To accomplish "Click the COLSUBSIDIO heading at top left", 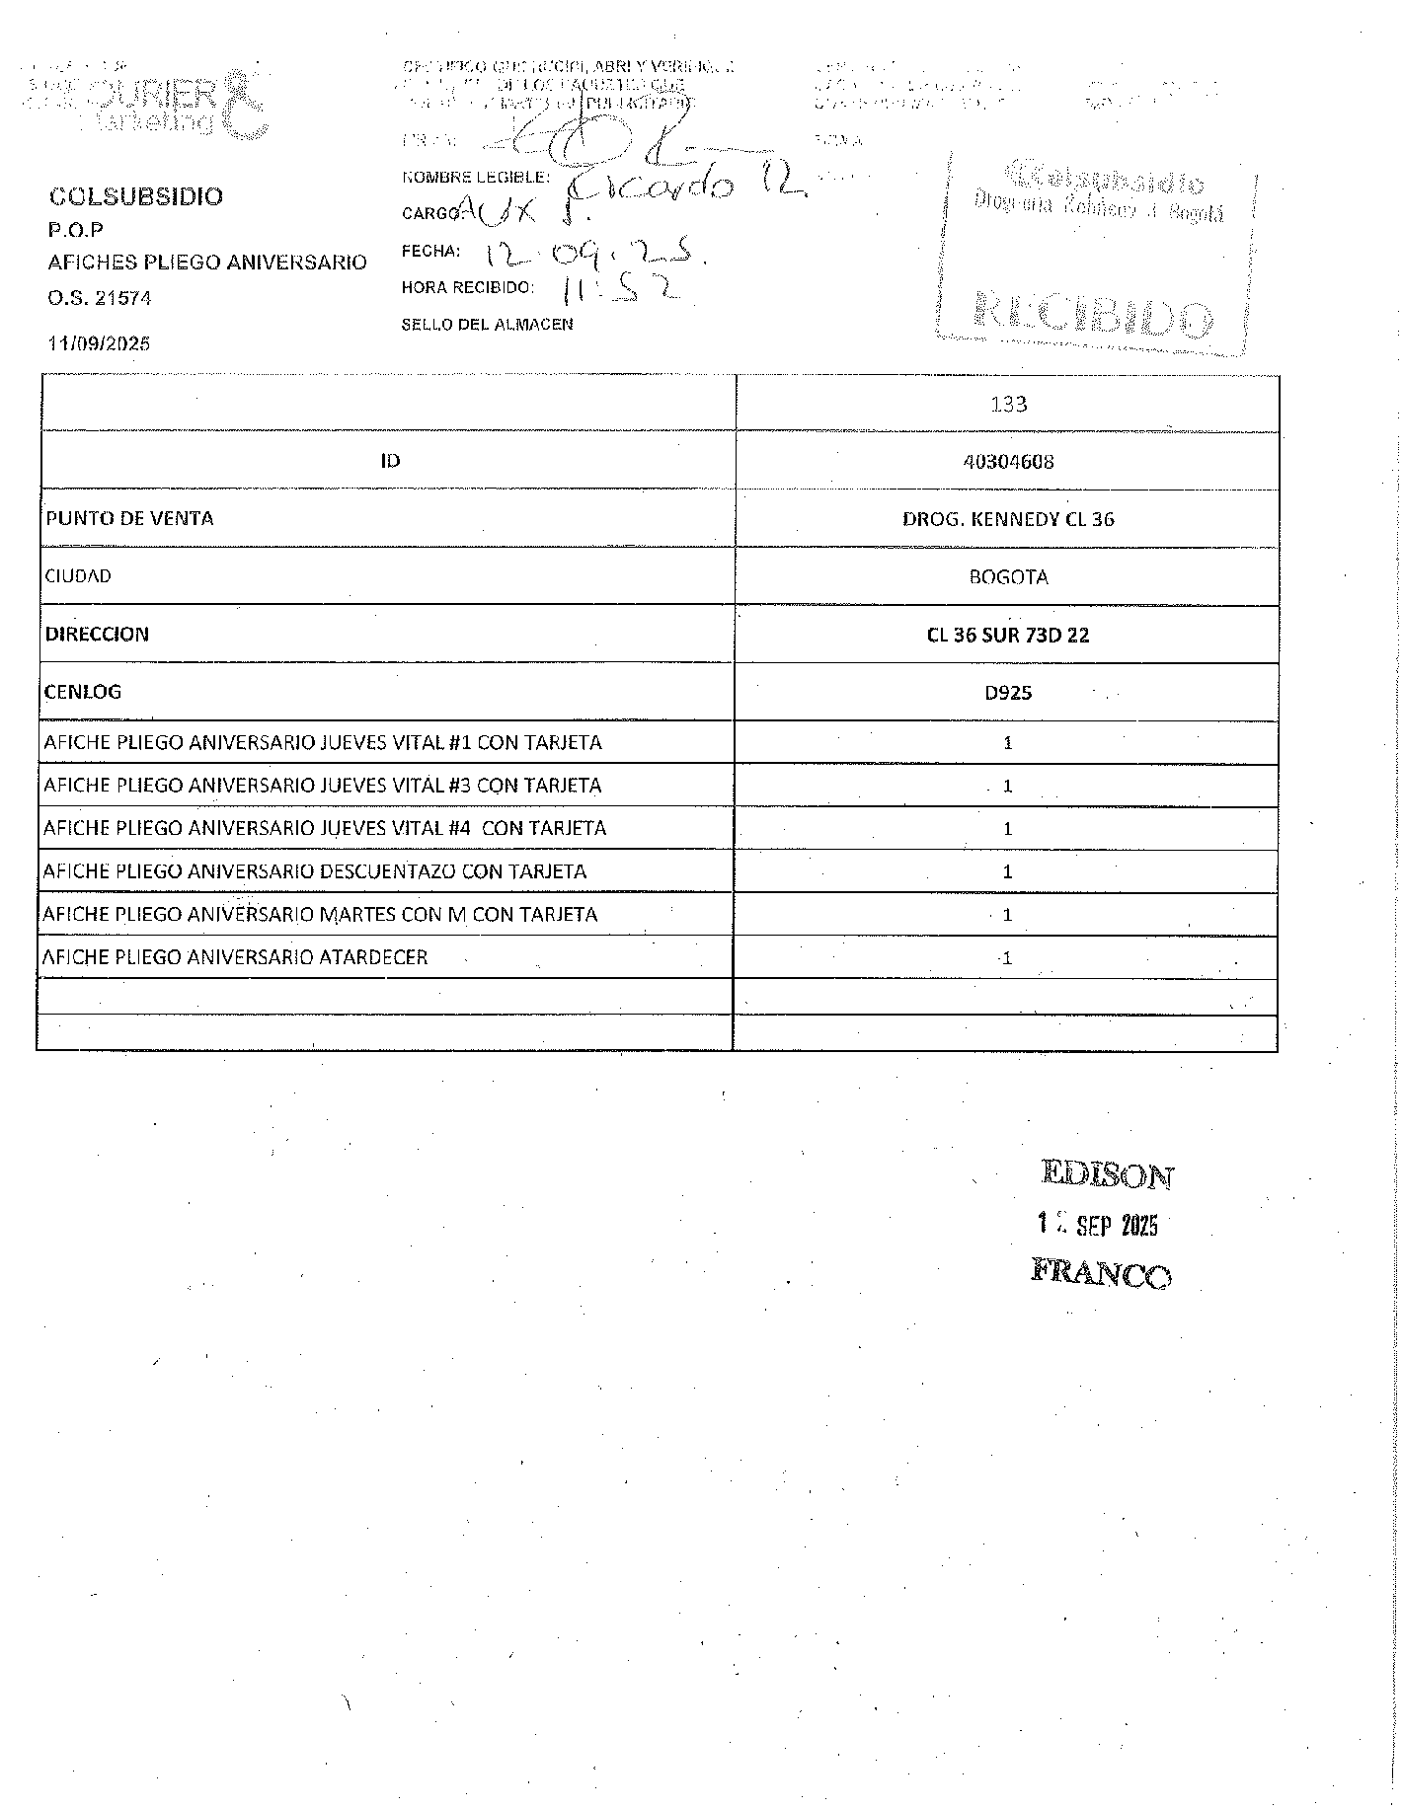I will point(136,196).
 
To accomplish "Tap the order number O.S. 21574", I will point(100,298).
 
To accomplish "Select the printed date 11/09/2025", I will point(99,344).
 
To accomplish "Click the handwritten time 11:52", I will point(621,289).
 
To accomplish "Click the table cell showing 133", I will point(1008,404).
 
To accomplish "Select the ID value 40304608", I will point(1008,461).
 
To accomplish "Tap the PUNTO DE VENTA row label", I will point(129,518).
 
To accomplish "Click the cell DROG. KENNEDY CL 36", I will point(1008,519).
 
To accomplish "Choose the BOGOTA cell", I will point(1008,577).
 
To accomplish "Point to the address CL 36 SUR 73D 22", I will point(1008,635).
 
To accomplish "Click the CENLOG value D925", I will point(1008,693).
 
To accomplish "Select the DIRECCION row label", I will point(97,634).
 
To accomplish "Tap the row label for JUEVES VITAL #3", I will point(322,786).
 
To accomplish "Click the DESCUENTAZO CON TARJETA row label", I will point(315,871).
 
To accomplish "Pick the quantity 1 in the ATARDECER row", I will point(1006,958).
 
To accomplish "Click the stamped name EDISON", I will point(1107,1175).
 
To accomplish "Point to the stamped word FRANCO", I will point(1101,1273).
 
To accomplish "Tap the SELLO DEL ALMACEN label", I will point(487,324).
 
